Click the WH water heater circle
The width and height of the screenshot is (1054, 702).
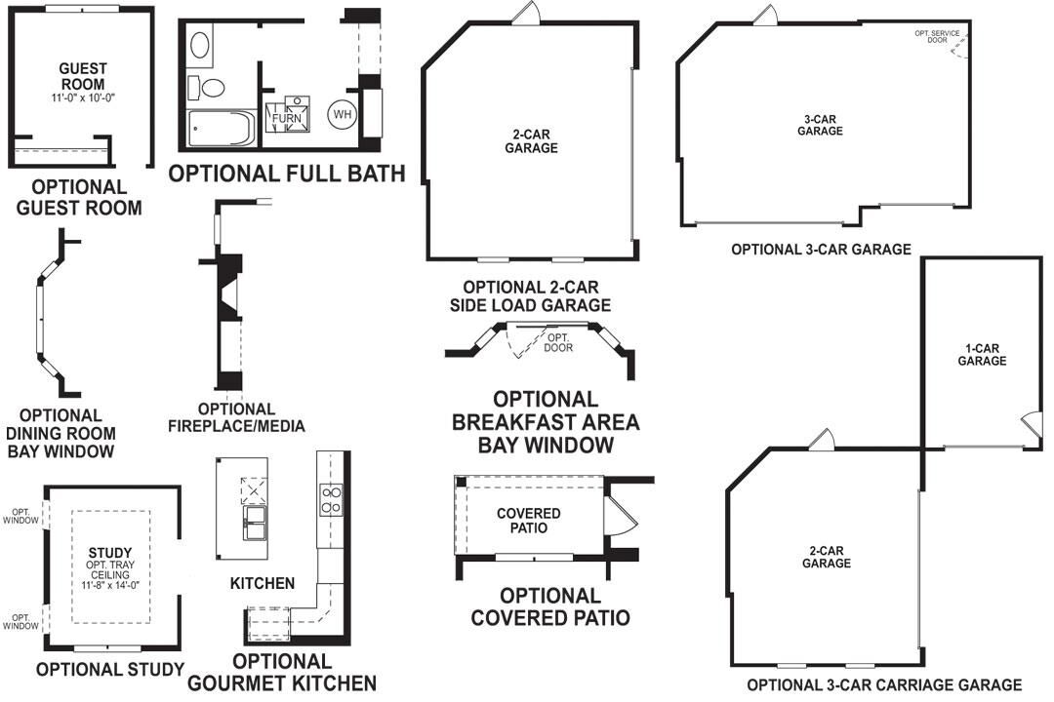click(x=342, y=114)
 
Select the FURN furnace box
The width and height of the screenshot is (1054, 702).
click(x=287, y=118)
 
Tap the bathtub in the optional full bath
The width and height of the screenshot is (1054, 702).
click(x=221, y=129)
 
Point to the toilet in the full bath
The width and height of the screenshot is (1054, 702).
click(x=207, y=87)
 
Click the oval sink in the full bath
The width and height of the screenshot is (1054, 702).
click(x=199, y=44)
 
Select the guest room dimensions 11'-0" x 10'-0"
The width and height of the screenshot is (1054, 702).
click(x=82, y=98)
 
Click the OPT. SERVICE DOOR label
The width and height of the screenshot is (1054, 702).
click(x=937, y=37)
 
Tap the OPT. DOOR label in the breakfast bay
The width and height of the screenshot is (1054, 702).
click(x=559, y=341)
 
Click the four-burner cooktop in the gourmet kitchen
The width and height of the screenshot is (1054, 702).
click(x=331, y=499)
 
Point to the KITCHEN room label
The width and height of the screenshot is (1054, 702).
click(x=263, y=583)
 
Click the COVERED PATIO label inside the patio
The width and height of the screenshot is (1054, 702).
click(x=528, y=521)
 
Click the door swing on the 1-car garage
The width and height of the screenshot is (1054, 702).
click(x=1029, y=426)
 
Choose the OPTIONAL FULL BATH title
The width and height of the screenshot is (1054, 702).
click(x=287, y=175)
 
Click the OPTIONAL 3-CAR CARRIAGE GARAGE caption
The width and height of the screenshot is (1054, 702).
click(x=884, y=685)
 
